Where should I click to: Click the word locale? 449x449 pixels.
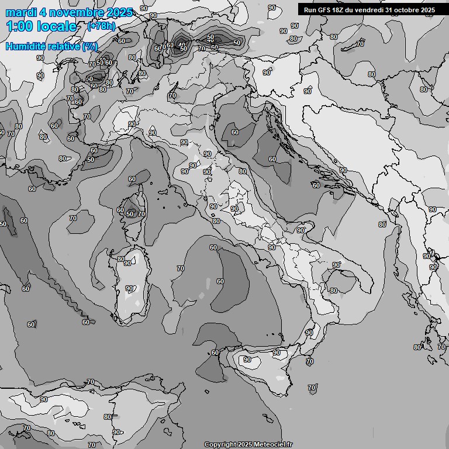coord(57,26)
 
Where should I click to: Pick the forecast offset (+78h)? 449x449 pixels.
coord(101,26)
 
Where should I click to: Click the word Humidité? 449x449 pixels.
coord(27,46)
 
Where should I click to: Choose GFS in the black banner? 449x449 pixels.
coord(324,10)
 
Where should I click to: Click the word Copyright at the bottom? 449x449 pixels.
coord(220,445)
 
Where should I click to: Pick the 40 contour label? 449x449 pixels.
coord(182,45)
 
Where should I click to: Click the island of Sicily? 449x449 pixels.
coord(263,365)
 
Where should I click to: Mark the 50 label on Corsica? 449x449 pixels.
coord(130,215)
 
